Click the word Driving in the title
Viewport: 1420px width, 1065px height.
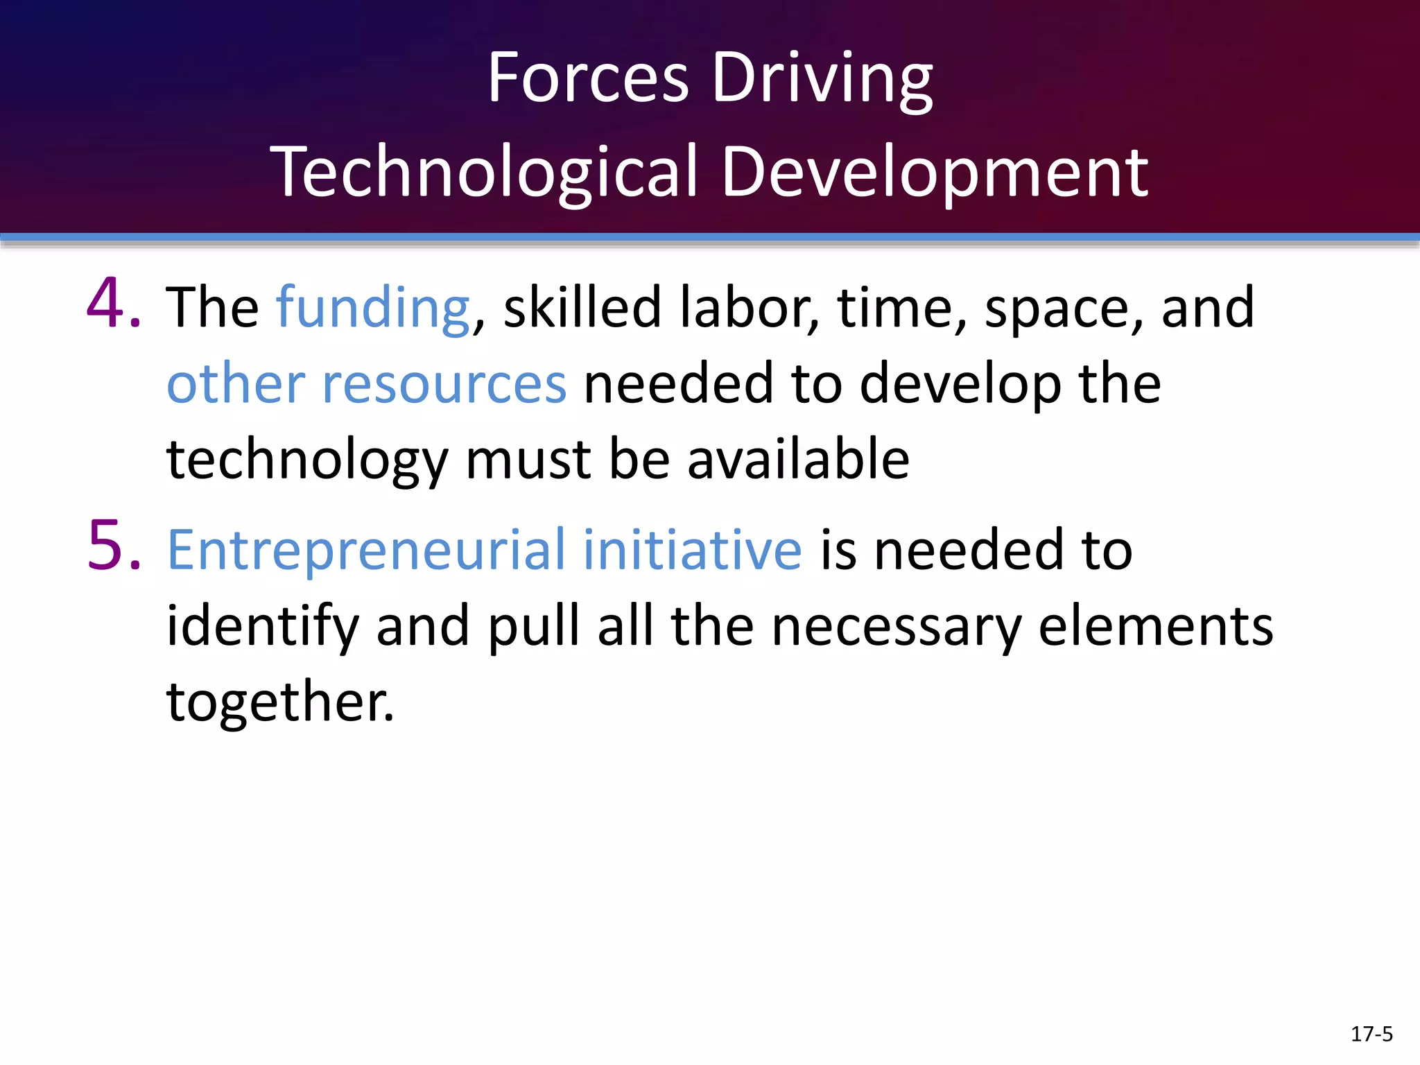822,78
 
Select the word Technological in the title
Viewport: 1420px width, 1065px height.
484,172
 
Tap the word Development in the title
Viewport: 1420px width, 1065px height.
935,172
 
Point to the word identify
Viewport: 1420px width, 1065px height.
262,626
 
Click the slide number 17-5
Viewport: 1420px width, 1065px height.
1371,1034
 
